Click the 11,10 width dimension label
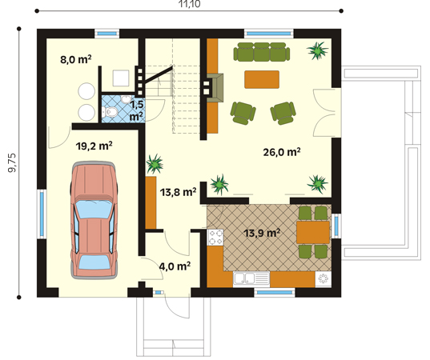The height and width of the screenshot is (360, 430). click(189, 4)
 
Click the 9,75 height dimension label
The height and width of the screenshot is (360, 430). click(12, 162)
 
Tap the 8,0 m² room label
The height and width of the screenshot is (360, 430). click(76, 59)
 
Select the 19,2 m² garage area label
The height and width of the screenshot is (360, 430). click(94, 146)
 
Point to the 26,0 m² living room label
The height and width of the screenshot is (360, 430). click(282, 152)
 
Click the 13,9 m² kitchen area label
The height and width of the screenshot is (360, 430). click(262, 233)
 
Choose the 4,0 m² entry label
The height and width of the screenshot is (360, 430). click(175, 266)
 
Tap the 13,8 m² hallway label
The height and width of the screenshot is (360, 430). click(179, 192)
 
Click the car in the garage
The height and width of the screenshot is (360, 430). click(94, 220)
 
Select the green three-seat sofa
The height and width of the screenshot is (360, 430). click(262, 52)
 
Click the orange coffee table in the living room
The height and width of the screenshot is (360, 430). click(262, 79)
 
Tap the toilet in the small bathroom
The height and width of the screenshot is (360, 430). click(111, 111)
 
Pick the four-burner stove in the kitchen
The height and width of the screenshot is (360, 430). click(216, 238)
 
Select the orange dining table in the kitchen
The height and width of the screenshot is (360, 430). click(313, 232)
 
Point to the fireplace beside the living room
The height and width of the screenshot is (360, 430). click(216, 88)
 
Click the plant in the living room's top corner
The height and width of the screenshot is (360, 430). click(317, 50)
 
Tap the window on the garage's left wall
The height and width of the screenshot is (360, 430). click(42, 214)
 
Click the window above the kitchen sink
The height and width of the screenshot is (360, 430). click(275, 293)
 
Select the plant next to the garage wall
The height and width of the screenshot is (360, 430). click(155, 164)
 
